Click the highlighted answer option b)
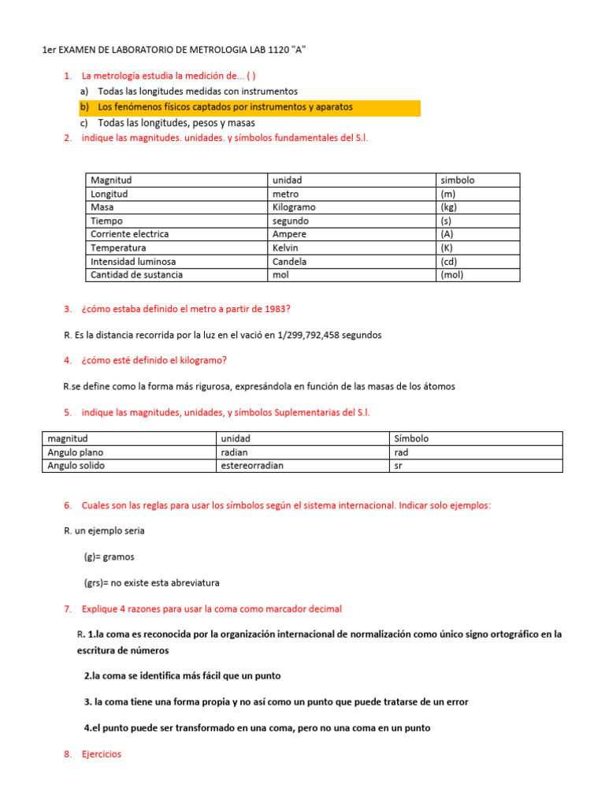pos(225,107)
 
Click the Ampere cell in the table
pos(289,234)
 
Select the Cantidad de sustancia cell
pos(136,275)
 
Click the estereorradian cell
pos(252,466)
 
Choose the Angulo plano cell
pos(76,452)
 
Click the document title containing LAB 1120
pos(173,50)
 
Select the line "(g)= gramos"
pos(109,556)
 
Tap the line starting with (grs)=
pos(151,583)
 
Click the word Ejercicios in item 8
pos(102,754)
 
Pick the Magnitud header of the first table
pos(111,180)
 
